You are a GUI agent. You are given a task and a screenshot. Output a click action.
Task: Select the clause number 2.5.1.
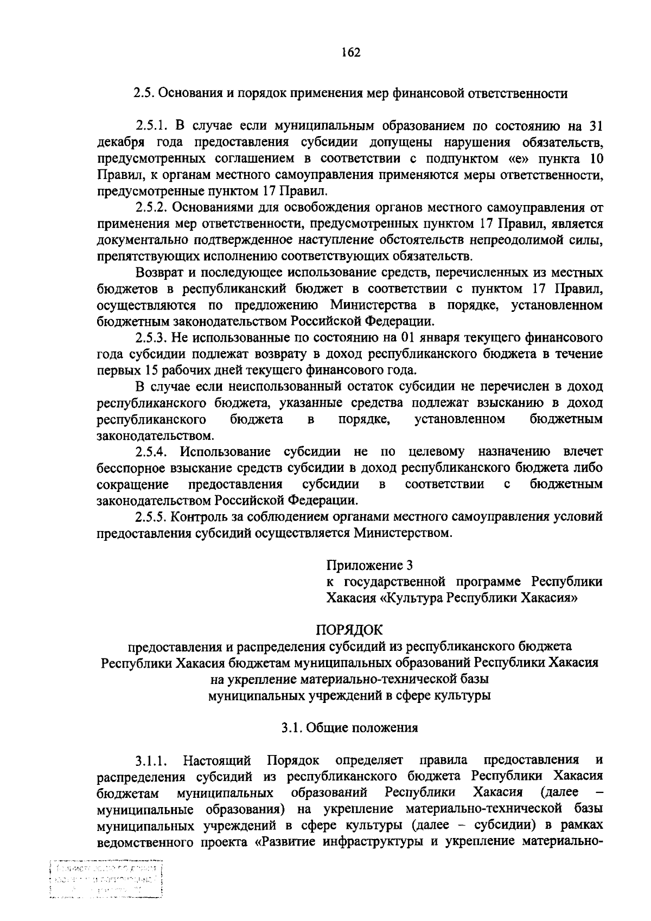pyautogui.click(x=154, y=126)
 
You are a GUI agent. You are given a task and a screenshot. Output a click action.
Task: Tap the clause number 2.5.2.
pyautogui.click(x=154, y=207)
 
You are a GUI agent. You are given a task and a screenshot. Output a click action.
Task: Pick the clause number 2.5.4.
pyautogui.click(x=154, y=451)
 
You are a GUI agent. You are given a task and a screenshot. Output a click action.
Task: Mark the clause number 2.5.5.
pyautogui.click(x=154, y=516)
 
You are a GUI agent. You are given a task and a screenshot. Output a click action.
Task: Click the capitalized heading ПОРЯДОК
pyautogui.click(x=349, y=630)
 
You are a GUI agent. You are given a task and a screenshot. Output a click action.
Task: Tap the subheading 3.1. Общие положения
pyautogui.click(x=349, y=727)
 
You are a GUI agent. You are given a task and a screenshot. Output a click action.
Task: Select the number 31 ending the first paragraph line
pyautogui.click(x=595, y=126)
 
